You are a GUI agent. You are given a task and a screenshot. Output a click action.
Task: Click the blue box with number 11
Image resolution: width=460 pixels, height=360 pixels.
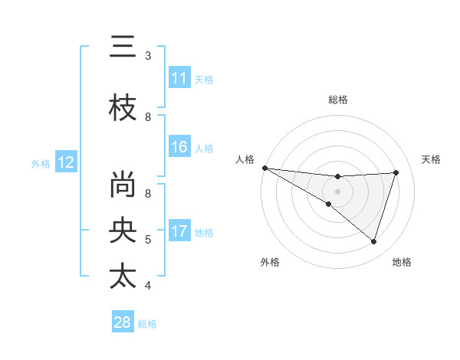coord(179,78)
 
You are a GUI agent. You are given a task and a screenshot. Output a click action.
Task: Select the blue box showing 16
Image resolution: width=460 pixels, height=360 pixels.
coord(179,147)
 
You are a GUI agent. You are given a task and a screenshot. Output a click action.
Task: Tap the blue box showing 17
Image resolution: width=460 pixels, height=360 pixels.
coord(179,231)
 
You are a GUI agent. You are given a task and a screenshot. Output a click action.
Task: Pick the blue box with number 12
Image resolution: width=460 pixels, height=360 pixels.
coord(65,162)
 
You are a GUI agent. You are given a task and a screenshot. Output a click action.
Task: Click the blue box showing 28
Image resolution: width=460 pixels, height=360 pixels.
coord(123,322)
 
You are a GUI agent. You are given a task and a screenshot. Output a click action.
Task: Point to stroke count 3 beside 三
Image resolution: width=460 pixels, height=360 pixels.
coord(148,56)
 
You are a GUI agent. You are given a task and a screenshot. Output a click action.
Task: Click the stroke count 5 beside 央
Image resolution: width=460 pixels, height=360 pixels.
coord(148,240)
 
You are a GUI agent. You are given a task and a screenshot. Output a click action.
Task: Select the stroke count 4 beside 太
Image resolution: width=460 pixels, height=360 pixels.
coord(148,286)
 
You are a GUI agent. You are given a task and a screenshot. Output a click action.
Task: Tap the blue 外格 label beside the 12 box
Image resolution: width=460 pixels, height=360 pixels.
coord(41,163)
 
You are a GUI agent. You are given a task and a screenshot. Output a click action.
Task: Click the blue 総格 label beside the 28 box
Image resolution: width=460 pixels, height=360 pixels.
coord(148,324)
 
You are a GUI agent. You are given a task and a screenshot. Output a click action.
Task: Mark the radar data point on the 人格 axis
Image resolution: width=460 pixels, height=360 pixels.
coord(264,167)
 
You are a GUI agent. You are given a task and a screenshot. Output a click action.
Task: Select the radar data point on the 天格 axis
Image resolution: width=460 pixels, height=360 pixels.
coord(396,172)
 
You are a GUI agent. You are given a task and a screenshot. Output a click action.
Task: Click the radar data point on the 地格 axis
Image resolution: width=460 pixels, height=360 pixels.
coord(374,241)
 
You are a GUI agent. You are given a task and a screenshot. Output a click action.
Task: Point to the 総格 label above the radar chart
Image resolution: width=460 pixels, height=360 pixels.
coord(337,100)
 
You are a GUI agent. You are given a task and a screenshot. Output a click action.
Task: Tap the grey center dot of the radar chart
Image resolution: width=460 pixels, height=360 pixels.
coord(337,190)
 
